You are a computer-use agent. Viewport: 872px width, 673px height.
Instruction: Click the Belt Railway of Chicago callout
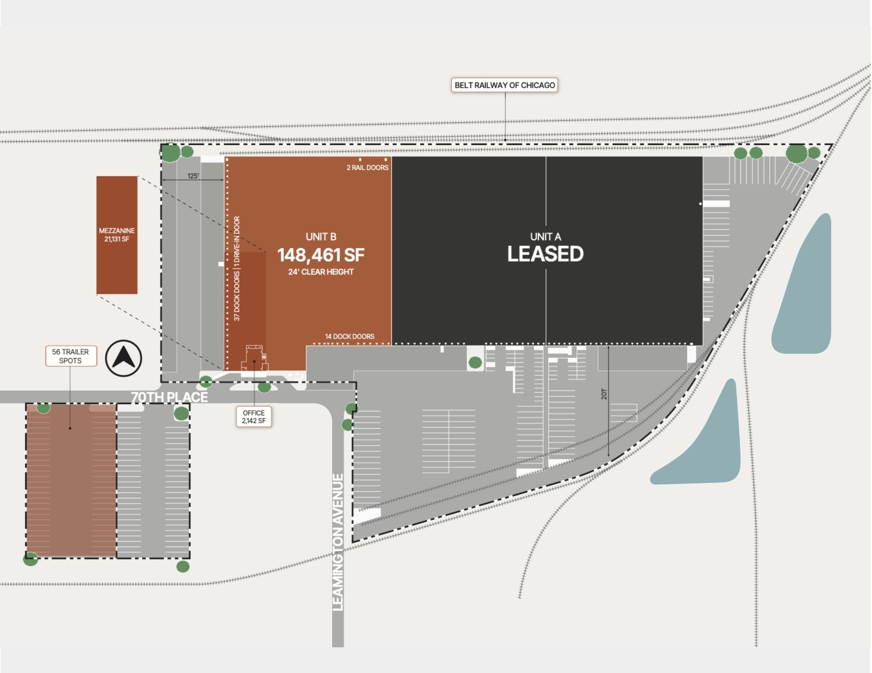504,85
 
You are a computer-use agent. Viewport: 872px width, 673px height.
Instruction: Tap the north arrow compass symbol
124,358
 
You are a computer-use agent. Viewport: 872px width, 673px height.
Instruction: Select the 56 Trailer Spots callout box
71,356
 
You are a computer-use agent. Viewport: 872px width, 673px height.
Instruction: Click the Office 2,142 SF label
254,417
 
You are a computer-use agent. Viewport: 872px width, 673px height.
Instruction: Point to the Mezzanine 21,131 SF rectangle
116,235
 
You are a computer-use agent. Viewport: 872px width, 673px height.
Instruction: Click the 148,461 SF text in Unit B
321,255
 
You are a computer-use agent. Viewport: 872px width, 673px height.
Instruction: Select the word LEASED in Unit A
545,254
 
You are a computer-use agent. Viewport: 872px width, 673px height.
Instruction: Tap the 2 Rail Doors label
367,167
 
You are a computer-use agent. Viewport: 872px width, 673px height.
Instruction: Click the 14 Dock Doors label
349,336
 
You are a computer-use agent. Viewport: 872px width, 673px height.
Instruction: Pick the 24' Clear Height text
321,272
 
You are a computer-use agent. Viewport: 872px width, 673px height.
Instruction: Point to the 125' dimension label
193,176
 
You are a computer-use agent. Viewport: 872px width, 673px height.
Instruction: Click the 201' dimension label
604,394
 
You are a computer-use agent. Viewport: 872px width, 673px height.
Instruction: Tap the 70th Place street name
169,397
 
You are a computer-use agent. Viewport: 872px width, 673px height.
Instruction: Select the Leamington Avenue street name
338,542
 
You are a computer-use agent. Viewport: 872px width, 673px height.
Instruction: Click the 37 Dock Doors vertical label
237,295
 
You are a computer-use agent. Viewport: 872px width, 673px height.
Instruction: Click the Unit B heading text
321,237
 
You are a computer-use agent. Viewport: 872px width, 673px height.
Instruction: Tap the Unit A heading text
545,237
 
